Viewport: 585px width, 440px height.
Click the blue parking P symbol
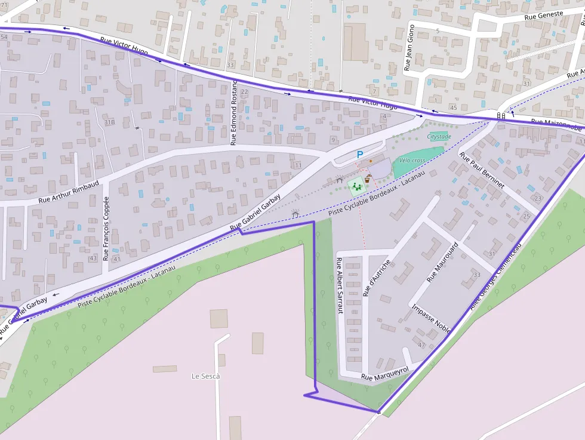point(359,155)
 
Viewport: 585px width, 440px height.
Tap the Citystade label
point(439,137)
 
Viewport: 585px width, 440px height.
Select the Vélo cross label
point(412,161)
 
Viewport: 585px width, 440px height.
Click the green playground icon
point(356,186)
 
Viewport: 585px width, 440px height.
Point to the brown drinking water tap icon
point(368,178)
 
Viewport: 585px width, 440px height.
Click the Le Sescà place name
point(205,376)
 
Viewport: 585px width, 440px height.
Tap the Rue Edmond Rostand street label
point(234,112)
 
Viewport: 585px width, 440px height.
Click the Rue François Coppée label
point(106,229)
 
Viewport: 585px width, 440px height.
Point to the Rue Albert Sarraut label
point(340,286)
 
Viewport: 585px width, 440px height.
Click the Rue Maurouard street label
point(443,261)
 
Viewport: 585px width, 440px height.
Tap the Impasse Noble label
point(431,315)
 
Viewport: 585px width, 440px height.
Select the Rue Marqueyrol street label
point(384,374)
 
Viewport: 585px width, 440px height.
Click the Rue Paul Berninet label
point(482,170)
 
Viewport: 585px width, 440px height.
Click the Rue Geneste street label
point(543,15)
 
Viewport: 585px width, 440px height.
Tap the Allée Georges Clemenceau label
point(496,277)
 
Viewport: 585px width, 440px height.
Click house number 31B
point(109,122)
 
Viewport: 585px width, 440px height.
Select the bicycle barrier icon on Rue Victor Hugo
point(501,115)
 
